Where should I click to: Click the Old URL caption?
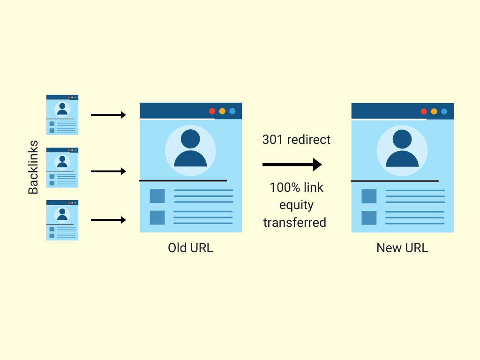coord(190,247)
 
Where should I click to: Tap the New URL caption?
coord(402,247)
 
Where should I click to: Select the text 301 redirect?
coord(296,140)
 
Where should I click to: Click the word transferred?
coord(294,222)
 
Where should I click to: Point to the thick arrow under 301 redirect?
coord(292,165)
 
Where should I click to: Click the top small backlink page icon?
coord(62,115)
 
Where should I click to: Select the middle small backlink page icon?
coord(62,167)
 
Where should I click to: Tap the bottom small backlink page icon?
coord(62,220)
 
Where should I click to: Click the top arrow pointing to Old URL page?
coord(108,115)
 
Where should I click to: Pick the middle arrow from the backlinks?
coord(108,172)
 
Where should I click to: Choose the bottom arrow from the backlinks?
coord(108,220)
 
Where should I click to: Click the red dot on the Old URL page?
coord(212,111)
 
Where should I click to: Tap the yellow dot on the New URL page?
coord(434,111)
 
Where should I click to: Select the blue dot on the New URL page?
coord(444,111)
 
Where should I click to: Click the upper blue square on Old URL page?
coord(157,196)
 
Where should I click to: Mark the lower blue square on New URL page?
coord(369,218)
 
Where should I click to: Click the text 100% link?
coord(296,188)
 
